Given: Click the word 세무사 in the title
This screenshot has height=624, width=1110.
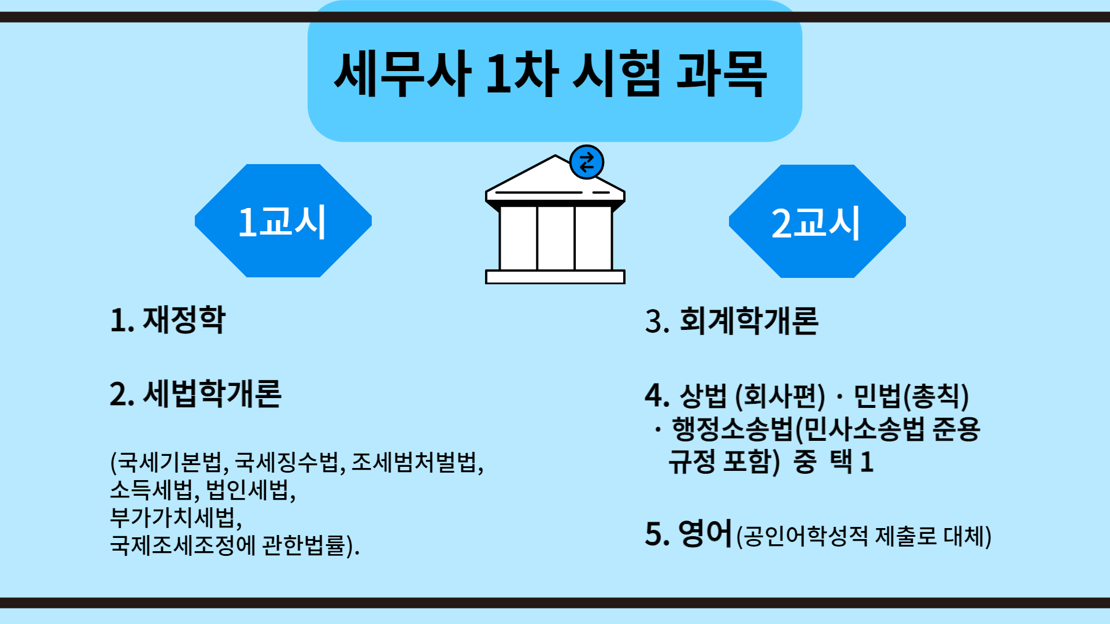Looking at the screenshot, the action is coord(402,74).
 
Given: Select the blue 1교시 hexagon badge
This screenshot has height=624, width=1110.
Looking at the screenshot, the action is coord(283,221).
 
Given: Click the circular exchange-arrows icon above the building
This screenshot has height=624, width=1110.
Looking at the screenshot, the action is coord(587,162).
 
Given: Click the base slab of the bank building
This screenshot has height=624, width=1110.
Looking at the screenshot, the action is coord(555,277).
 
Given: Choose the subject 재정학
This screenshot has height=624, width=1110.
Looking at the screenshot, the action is coord(184,320).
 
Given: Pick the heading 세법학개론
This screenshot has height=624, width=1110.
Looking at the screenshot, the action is coord(212,394).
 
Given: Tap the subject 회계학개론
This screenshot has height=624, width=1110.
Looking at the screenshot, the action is coord(749,321).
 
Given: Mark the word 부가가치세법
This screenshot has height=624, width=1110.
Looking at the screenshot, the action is coord(172,517).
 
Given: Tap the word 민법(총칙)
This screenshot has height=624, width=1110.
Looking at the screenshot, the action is coord(911,396).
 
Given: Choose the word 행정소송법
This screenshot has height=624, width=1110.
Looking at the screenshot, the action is coord(732,429).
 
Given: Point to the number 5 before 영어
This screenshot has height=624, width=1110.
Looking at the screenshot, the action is coord(653,534).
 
